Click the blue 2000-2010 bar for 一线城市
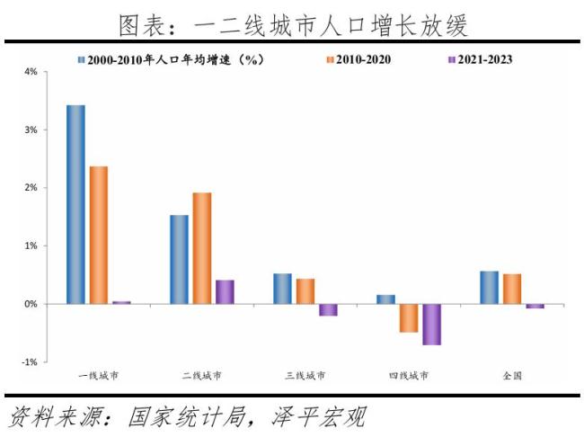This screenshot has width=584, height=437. click(x=75, y=205)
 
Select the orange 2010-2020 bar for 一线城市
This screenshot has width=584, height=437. click(x=99, y=236)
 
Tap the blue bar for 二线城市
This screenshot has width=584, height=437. click(x=179, y=260)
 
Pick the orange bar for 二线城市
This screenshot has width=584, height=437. click(x=202, y=248)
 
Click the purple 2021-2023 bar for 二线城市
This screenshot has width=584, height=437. click(x=225, y=292)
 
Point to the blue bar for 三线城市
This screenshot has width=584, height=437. click(x=282, y=289)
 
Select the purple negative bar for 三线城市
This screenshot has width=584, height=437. click(x=328, y=310)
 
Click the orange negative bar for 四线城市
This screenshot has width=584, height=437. click(x=409, y=318)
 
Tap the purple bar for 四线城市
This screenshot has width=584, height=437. click(x=431, y=325)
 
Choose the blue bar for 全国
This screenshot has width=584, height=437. click(x=489, y=288)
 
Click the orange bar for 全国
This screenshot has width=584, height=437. click(x=512, y=289)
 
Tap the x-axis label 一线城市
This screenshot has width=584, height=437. click(x=99, y=375)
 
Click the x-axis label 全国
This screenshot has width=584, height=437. click(x=512, y=375)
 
